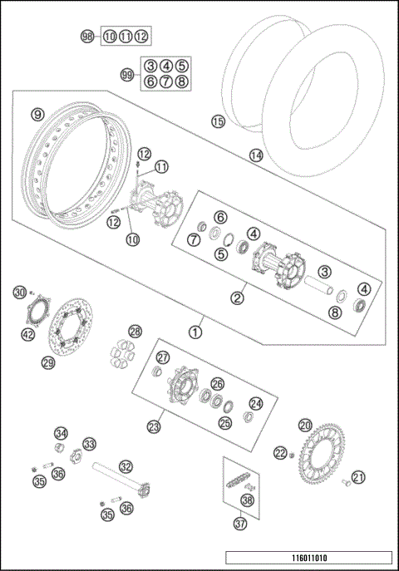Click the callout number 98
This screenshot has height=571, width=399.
(87, 36)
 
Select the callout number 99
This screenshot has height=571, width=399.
(128, 74)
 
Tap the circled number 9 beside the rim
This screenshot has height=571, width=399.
(37, 114)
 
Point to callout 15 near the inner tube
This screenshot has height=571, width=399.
(218, 121)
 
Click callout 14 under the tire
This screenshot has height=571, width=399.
(255, 155)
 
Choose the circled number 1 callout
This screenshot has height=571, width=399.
(196, 331)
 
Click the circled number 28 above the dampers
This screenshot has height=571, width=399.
(135, 331)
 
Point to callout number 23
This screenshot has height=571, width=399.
(154, 426)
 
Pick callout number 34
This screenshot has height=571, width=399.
(61, 433)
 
